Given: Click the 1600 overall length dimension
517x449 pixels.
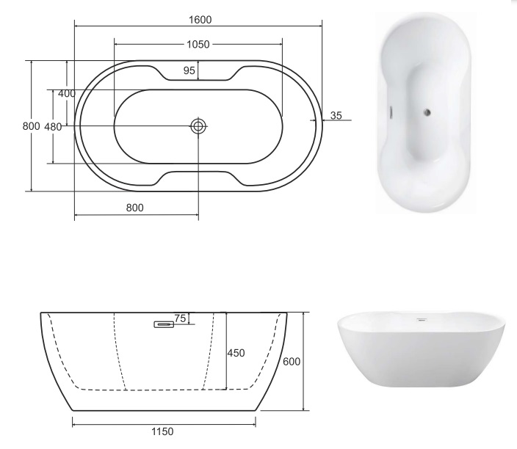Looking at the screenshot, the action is (x=200, y=20).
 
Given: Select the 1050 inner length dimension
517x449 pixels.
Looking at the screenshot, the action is (x=198, y=44).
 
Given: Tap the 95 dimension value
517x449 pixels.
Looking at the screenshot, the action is (x=189, y=70).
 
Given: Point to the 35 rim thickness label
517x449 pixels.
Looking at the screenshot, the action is (x=336, y=116).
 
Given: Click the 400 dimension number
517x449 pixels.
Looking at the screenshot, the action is (x=67, y=94).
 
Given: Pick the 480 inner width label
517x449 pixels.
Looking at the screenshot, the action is (x=53, y=126).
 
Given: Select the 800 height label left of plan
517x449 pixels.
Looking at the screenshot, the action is (x=32, y=126).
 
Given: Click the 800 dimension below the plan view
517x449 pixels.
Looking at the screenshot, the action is (x=135, y=208).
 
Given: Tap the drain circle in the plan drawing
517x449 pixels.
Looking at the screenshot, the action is (x=198, y=126).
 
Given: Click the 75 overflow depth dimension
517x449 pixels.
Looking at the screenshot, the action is (x=180, y=318).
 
